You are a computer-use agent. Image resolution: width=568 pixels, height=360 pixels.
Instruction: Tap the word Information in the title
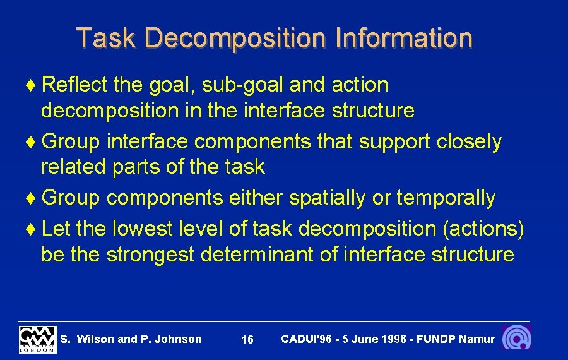pos(404,38)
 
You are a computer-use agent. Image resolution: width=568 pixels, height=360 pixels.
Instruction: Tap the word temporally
pos(446,198)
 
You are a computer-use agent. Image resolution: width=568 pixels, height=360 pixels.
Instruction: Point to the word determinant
pos(269,255)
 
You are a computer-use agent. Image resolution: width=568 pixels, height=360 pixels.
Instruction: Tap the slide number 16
pos(247,340)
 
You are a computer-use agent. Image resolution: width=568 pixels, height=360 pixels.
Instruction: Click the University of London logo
pos(37,339)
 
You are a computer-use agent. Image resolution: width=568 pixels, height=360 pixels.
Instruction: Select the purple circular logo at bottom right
pos(517,338)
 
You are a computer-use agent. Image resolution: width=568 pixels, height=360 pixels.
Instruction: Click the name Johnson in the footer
pos(178,339)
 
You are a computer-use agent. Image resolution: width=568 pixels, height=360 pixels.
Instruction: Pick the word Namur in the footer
pos(477,339)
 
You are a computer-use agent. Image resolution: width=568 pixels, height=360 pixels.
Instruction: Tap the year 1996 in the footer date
pos(393,339)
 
